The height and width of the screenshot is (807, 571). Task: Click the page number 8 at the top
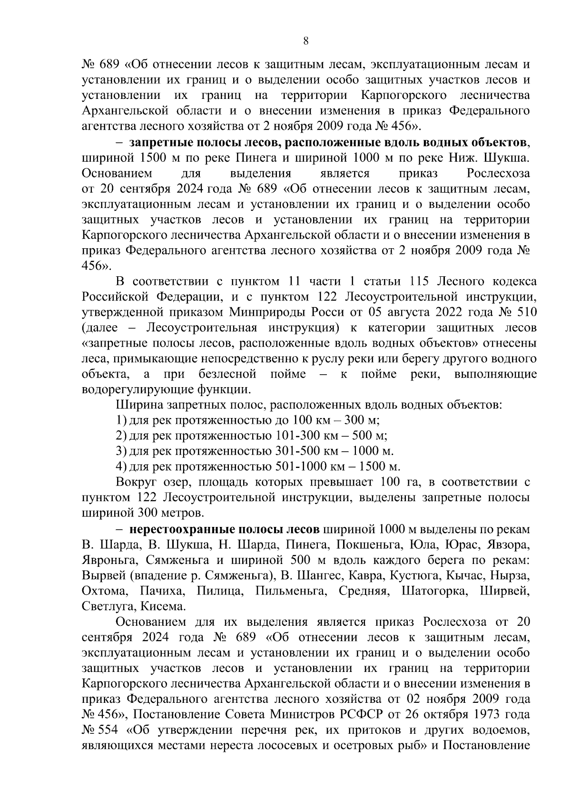pyautogui.click(x=306, y=41)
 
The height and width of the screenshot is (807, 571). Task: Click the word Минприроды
pyautogui.click(x=268, y=312)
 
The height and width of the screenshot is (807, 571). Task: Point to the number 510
pyautogui.click(x=524, y=312)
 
